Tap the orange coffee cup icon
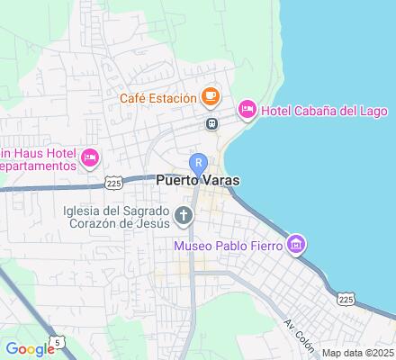click(x=209, y=94)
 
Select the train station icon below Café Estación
click(x=211, y=123)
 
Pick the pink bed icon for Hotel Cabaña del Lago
click(x=246, y=109)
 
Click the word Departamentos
click(x=36, y=167)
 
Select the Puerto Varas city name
click(x=198, y=180)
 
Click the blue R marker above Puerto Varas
click(x=202, y=163)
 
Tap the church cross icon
click(x=184, y=214)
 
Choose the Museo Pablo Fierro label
click(x=229, y=244)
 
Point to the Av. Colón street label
click(x=299, y=333)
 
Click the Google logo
click(x=30, y=349)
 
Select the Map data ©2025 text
click(x=357, y=353)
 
